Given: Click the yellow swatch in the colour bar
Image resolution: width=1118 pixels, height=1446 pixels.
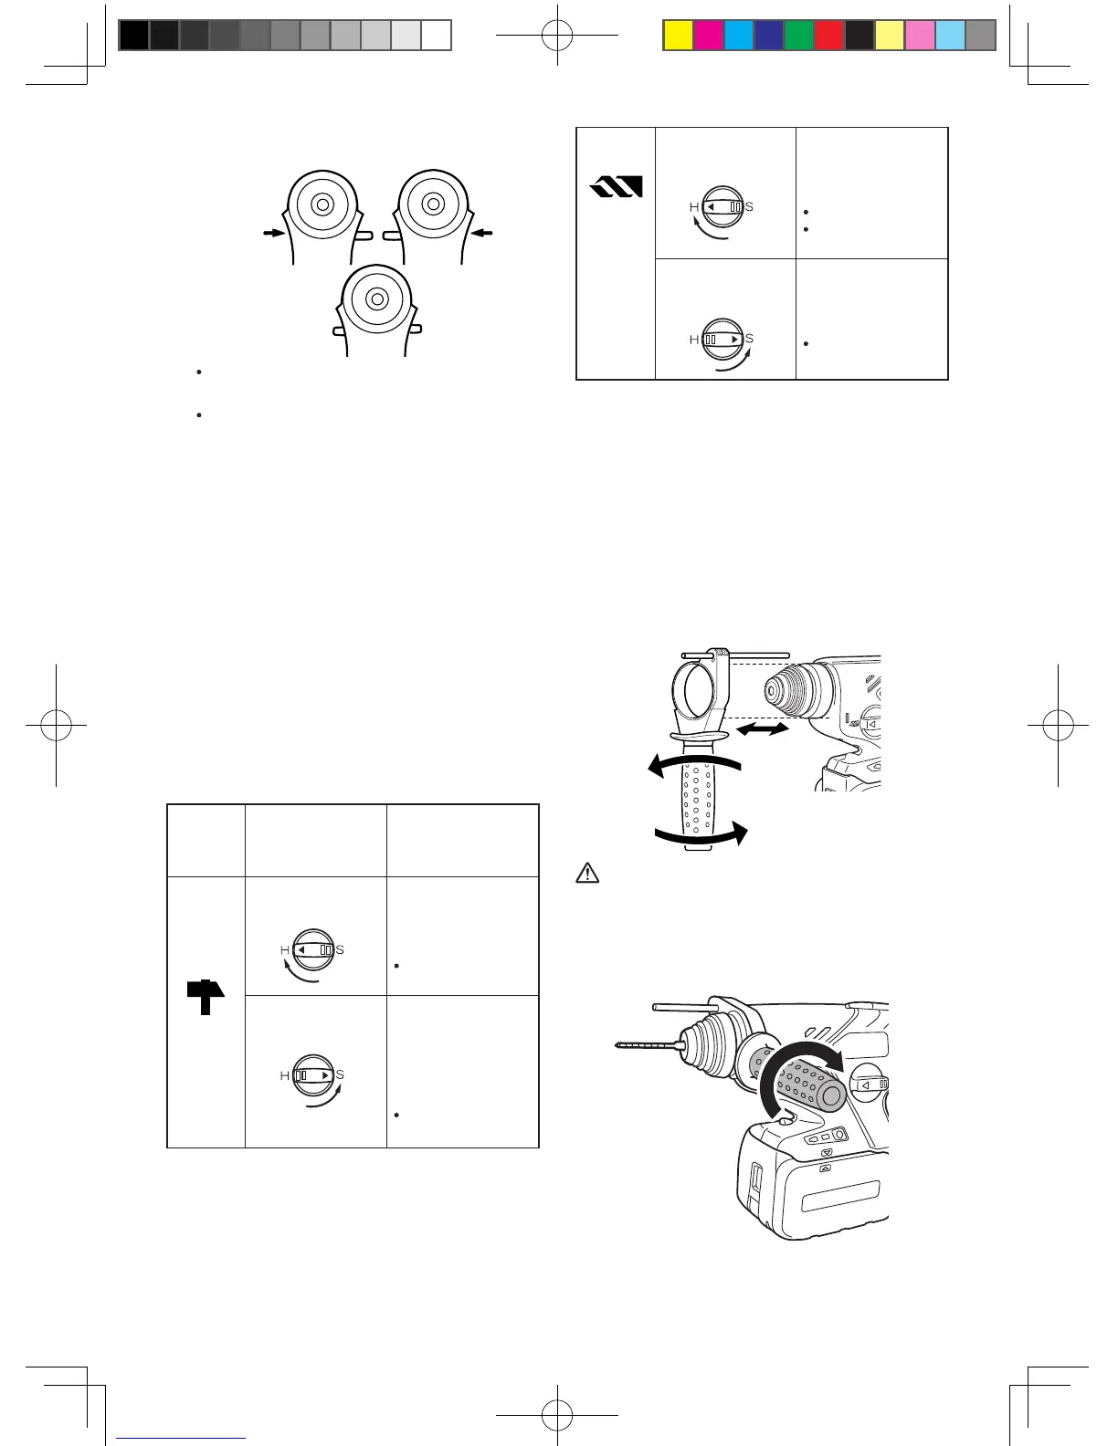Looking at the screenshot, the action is (678, 35).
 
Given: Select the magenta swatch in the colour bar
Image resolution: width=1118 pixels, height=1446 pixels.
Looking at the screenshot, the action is (708, 35).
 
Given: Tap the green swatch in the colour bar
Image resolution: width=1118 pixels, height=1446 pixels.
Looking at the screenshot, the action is (799, 35).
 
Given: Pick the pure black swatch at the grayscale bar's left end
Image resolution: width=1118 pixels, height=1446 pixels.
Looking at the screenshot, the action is (133, 35).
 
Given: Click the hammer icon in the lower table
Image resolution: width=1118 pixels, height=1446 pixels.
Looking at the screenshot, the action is (206, 996).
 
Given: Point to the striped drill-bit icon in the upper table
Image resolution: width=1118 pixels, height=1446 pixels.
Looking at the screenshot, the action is (617, 187).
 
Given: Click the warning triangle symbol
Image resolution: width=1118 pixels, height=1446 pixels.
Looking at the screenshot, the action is (587, 873).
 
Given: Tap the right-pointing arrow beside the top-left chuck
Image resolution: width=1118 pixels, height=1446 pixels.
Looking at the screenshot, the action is (272, 234).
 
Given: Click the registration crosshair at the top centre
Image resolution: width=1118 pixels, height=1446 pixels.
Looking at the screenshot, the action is (557, 35).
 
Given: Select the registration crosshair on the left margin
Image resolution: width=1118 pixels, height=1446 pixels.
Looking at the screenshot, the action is (57, 725).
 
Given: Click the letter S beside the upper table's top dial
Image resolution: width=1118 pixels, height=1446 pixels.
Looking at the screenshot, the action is (749, 207).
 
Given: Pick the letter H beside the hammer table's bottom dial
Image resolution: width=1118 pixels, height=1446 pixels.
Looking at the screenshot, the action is (284, 1076).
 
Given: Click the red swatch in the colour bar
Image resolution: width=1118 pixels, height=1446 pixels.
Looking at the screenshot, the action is (829, 35).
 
